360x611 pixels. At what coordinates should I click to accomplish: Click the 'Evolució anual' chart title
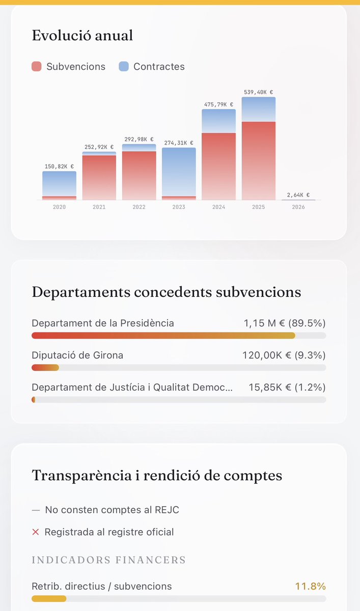coord(82,36)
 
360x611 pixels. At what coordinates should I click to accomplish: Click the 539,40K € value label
coord(258,92)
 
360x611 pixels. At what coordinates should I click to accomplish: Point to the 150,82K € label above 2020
coord(59,166)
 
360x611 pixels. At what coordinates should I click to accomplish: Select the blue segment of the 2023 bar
coord(179,172)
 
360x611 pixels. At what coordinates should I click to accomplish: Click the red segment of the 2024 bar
coord(218,166)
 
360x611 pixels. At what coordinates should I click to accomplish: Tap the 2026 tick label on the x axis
coord(298,207)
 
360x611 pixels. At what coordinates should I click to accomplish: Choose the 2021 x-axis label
coord(99,207)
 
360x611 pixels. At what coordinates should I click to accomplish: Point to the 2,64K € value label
coord(298,195)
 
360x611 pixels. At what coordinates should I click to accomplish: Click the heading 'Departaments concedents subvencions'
coord(166,292)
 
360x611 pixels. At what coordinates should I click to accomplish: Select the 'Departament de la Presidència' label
coord(102,323)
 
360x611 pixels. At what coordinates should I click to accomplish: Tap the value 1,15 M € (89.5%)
coord(285,323)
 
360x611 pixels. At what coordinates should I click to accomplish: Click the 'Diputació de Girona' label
coord(77,355)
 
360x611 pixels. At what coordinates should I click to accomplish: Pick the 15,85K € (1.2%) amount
coord(287,387)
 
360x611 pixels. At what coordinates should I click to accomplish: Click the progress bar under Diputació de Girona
coord(178,368)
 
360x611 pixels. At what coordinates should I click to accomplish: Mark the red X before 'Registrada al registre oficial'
coord(36,532)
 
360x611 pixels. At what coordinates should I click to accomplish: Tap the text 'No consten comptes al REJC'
coord(112,510)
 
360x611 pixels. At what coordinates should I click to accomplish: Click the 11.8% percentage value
coord(310,587)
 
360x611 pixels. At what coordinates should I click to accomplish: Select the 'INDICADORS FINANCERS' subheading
coord(108,560)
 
